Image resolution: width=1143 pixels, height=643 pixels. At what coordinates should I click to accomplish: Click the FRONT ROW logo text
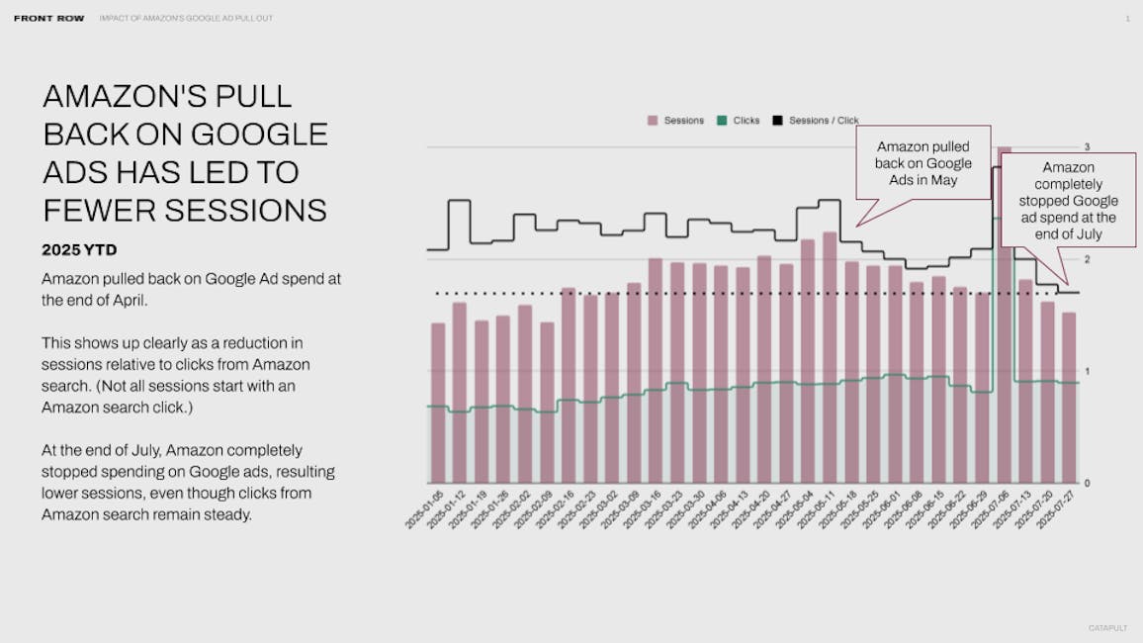pyautogui.click(x=48, y=18)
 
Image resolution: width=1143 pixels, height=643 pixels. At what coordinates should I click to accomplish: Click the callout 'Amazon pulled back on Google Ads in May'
pyautogui.click(x=923, y=162)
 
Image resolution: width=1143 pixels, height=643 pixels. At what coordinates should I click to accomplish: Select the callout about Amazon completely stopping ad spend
pyautogui.click(x=1068, y=201)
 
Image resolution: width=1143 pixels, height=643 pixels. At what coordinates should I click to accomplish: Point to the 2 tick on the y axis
pyautogui.click(x=1086, y=259)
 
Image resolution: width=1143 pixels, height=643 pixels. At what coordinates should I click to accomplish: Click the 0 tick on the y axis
pyautogui.click(x=1086, y=483)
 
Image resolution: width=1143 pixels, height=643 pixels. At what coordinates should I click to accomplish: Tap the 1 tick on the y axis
pyautogui.click(x=1086, y=371)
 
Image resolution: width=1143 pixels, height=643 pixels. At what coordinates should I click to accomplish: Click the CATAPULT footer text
pyautogui.click(x=1107, y=628)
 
